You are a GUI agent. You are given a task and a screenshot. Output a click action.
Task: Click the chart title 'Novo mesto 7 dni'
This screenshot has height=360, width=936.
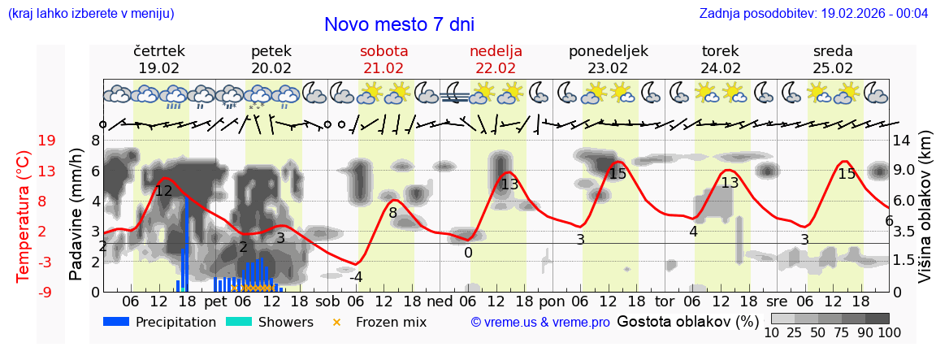pyautogui.click(x=399, y=24)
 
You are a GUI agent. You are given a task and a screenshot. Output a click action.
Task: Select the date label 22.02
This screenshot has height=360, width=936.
pyautogui.click(x=496, y=68)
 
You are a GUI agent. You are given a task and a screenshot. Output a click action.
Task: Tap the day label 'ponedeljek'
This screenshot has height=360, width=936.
pyautogui.click(x=608, y=51)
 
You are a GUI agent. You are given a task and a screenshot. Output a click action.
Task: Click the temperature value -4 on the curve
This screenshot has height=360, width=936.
pyautogui.click(x=356, y=277)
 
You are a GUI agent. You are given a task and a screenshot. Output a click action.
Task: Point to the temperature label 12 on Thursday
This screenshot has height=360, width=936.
pyautogui.click(x=163, y=191)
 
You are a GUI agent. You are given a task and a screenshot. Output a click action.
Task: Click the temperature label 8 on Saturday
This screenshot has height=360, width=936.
pyautogui.click(x=392, y=214)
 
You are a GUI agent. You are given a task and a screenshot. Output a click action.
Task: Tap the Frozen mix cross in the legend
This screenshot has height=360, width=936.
pyautogui.click(x=336, y=322)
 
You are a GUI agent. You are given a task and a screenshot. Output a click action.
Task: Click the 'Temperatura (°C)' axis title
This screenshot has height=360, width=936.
pyautogui.click(x=24, y=216)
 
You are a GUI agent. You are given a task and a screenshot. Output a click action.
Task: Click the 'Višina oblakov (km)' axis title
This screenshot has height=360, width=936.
pyautogui.click(x=925, y=215)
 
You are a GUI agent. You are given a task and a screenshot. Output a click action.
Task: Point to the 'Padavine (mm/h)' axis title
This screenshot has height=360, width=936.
pyautogui.click(x=76, y=215)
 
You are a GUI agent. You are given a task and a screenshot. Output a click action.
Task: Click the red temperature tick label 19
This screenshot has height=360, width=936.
pyautogui.click(x=46, y=141)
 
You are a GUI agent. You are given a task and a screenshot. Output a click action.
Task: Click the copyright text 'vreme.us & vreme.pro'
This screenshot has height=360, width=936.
pyautogui.click(x=540, y=323)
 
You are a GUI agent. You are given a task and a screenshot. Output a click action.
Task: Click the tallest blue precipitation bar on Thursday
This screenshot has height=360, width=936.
pyautogui.click(x=187, y=244)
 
